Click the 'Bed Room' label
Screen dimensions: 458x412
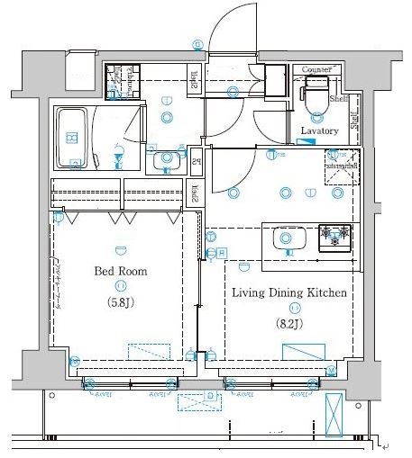(120, 271)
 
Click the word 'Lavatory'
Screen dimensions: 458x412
(319, 131)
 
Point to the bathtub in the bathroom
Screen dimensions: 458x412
(72, 138)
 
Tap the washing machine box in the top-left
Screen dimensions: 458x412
(119, 83)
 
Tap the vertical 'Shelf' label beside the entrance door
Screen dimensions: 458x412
(195, 80)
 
